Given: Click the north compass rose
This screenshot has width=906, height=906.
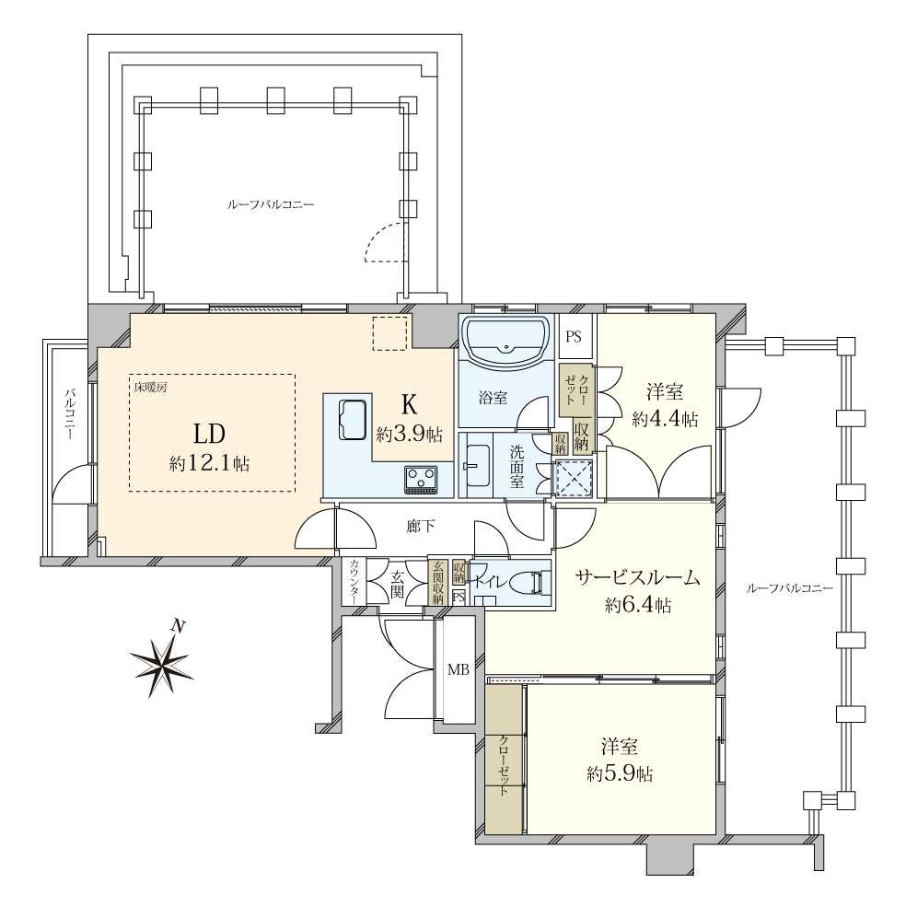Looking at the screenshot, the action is pos(161,659).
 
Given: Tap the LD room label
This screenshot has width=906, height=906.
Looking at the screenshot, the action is pos(209,434).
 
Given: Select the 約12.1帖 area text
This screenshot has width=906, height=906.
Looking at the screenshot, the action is pos(209,463).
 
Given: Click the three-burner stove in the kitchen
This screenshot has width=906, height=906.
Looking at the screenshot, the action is pos(421,479).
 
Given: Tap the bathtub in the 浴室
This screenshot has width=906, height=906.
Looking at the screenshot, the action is pos(506,344).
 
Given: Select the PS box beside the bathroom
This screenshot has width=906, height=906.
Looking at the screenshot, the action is pos(574,336).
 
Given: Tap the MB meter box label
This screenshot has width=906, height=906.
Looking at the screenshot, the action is pos(459,669).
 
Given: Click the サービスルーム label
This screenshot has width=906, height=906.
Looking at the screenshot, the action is pos(637,577).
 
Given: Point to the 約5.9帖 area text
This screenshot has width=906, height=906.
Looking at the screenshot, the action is pos(620,774).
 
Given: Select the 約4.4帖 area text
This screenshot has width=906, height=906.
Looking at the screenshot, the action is pos(665,418).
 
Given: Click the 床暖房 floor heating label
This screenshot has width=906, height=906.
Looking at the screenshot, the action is pos(147,388).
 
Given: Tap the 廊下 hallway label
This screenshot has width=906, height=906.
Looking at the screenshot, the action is pos(421,527).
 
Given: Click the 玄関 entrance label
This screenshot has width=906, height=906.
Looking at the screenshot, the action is pos(398,584).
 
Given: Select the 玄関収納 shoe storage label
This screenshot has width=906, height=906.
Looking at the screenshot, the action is pos(437,583).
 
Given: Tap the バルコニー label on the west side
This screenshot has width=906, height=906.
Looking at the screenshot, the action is pos(69,413).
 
